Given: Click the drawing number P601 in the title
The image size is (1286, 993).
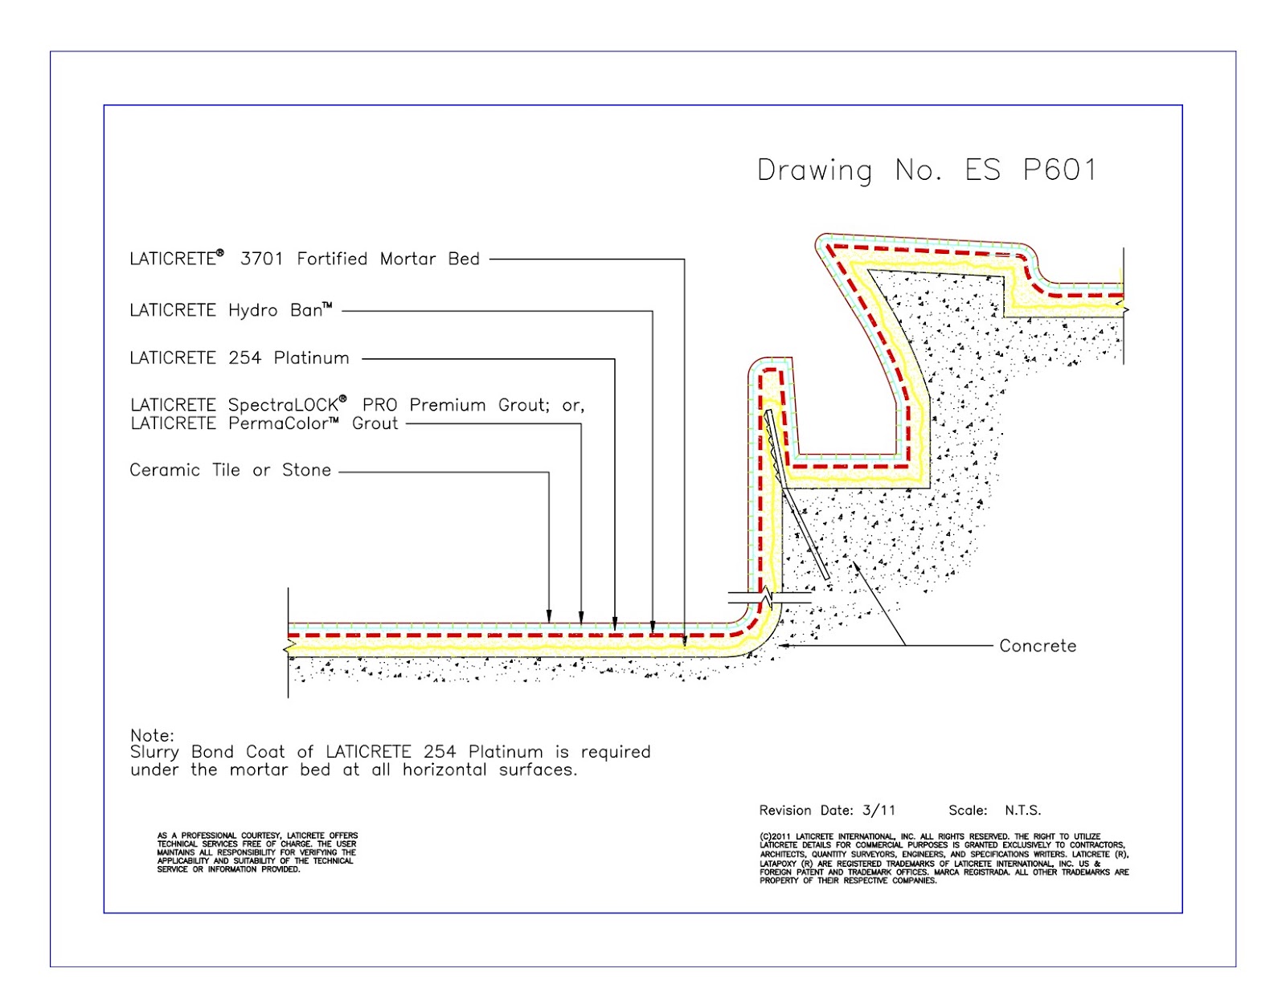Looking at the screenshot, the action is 1059,170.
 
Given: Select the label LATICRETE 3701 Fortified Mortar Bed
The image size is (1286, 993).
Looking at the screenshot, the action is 304,259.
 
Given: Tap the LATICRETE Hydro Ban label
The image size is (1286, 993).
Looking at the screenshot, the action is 231,310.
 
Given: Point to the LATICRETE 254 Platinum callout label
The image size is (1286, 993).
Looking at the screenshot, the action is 239,358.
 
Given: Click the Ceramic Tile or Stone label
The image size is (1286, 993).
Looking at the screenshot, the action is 230,470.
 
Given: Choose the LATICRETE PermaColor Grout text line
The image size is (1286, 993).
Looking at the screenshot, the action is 264,423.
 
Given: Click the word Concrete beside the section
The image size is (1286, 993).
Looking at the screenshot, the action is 1038,645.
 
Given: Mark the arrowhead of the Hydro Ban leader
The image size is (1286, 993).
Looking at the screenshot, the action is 652,627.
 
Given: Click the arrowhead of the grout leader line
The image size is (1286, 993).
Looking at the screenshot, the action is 580,618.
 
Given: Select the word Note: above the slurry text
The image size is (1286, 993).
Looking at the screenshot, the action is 152,735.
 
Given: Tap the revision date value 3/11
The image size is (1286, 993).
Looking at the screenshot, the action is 878,811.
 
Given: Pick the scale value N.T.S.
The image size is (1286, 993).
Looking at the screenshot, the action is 1022,811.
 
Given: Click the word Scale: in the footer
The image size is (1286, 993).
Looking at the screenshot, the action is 968,811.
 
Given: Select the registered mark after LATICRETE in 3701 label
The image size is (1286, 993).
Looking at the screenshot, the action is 220,253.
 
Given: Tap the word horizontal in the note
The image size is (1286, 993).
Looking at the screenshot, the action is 444,770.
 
